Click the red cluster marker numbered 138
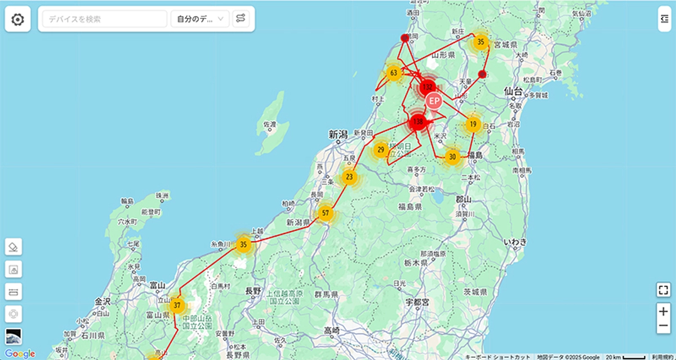click(x=418, y=121)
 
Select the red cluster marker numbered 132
click(x=428, y=87)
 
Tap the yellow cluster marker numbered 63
click(x=394, y=73)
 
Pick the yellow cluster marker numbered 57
click(x=326, y=214)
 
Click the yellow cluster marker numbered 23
click(x=350, y=177)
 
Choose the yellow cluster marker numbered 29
click(x=381, y=150)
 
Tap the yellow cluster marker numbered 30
click(x=452, y=157)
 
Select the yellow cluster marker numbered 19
click(x=473, y=125)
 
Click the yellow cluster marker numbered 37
click(x=177, y=306)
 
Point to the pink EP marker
click(x=434, y=101)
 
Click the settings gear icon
click(x=18, y=19)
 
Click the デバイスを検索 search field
click(x=105, y=19)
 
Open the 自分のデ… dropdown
click(x=200, y=19)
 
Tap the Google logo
click(x=20, y=353)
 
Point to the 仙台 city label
click(x=513, y=90)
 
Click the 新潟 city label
click(x=340, y=134)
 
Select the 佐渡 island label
click(x=270, y=124)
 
